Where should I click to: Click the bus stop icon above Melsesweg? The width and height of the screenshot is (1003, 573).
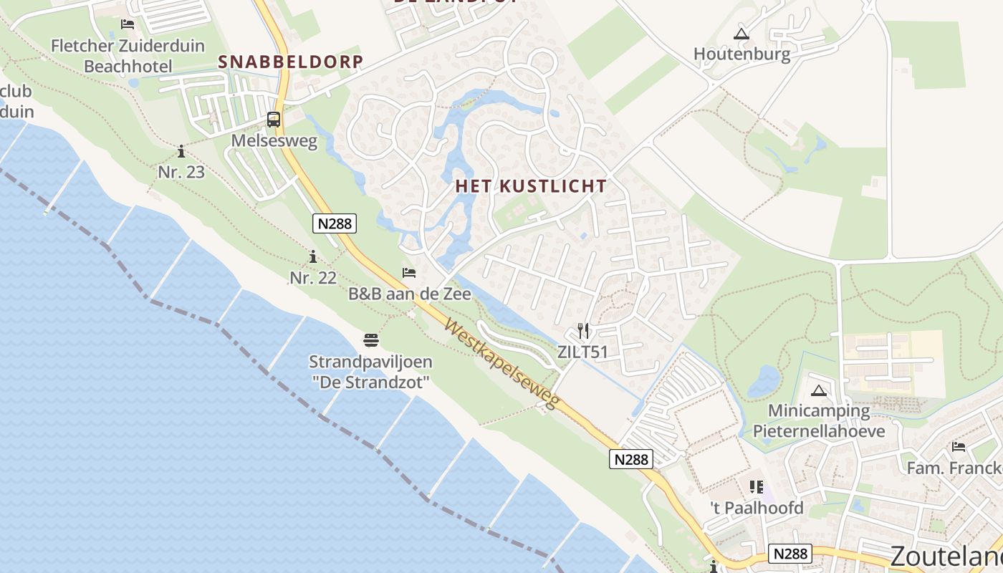coord(274,120)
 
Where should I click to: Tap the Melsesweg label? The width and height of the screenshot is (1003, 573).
coord(274,141)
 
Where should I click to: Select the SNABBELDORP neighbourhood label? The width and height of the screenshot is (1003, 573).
coord(291,62)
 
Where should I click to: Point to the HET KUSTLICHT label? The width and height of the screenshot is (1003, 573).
coord(531,186)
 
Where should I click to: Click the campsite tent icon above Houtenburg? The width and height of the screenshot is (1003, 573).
coord(742,34)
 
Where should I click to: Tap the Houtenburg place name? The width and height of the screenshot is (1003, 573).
coord(742,54)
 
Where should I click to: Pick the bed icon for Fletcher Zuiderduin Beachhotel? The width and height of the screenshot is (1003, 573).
coord(128,24)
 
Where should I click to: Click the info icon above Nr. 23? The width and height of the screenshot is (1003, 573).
coord(181,151)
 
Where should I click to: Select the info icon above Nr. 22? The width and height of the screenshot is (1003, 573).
coord(313,256)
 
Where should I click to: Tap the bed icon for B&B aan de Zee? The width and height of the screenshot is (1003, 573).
coord(409,273)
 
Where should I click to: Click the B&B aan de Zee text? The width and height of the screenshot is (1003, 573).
coord(409,294)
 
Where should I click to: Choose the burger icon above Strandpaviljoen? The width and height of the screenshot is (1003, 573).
coord(370,340)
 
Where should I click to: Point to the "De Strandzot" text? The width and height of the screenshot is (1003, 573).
coord(370,382)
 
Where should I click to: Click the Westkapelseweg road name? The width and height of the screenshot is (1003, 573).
coord(501,365)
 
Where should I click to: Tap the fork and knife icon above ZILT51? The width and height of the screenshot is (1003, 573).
coord(583,331)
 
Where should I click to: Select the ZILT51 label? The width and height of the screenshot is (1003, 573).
coord(582,352)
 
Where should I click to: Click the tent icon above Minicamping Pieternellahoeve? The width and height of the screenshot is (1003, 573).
coord(819,391)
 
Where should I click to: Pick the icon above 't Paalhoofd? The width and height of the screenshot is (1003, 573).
coord(757,488)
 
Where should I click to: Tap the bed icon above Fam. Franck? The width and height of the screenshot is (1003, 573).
coord(959,448)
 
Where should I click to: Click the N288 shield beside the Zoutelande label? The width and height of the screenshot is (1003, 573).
coord(791,553)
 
